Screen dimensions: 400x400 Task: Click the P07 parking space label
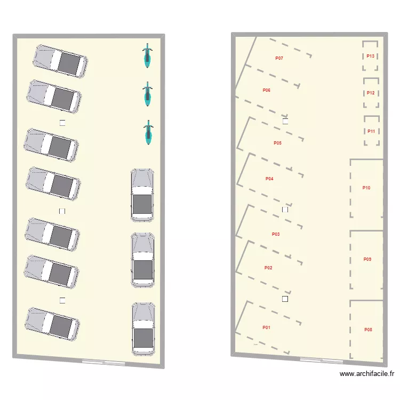pyautogui.click(x=279, y=58)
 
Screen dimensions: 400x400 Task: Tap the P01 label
pyautogui.click(x=266, y=327)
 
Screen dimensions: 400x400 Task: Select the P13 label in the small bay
pyautogui.click(x=371, y=56)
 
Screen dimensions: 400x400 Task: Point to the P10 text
pyautogui.click(x=366, y=188)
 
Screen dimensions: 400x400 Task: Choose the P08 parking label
pyautogui.click(x=368, y=330)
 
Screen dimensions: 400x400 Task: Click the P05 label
pyautogui.click(x=277, y=143)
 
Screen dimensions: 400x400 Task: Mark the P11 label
pyautogui.click(x=371, y=131)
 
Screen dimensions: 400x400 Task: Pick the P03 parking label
pyautogui.click(x=276, y=234)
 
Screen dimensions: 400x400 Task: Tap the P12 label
pyautogui.click(x=371, y=93)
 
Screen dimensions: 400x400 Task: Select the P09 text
pyautogui.click(x=367, y=259)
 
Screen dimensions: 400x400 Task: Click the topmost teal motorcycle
pyautogui.click(x=147, y=56)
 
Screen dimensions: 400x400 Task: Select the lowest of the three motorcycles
pyautogui.click(x=147, y=132)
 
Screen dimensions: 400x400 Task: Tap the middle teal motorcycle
pyautogui.click(x=147, y=94)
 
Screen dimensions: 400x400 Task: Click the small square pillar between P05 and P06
pyautogui.click(x=285, y=121)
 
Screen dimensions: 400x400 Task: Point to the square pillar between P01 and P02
pyautogui.click(x=285, y=299)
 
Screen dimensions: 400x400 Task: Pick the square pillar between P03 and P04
pyautogui.click(x=285, y=210)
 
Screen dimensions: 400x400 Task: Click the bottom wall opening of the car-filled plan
pyautogui.click(x=104, y=362)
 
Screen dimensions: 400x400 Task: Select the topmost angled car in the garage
pyautogui.click(x=60, y=60)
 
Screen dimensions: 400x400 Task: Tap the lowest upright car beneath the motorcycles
pyautogui.click(x=143, y=329)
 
